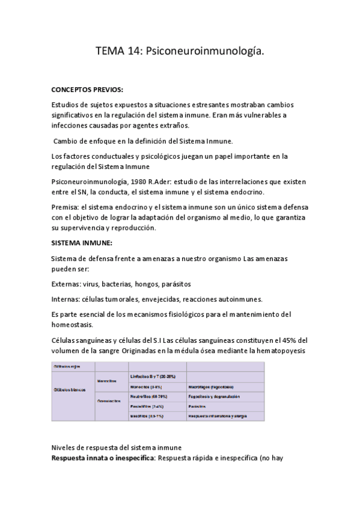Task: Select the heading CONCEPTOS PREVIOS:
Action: [88, 90]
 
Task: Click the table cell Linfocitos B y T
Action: [151, 376]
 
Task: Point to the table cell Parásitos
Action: [201, 407]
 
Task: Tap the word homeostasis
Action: [76, 324]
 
